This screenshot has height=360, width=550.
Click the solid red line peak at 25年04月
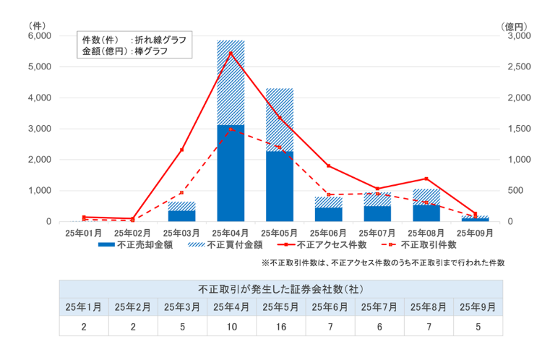coord(231,53)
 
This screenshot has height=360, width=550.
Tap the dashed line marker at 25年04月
coord(231,129)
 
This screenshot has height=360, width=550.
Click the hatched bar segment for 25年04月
coord(231,82)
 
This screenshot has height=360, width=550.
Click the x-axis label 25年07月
coord(377,233)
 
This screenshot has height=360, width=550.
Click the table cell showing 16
coord(281,327)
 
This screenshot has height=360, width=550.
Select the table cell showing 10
coord(232,327)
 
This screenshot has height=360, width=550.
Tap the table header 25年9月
coord(478,307)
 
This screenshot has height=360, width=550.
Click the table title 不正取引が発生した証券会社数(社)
coord(280,288)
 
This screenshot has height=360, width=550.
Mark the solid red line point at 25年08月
coord(426,178)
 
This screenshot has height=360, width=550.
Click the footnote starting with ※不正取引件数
coord(382,263)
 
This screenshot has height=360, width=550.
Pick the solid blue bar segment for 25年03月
coord(182,215)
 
